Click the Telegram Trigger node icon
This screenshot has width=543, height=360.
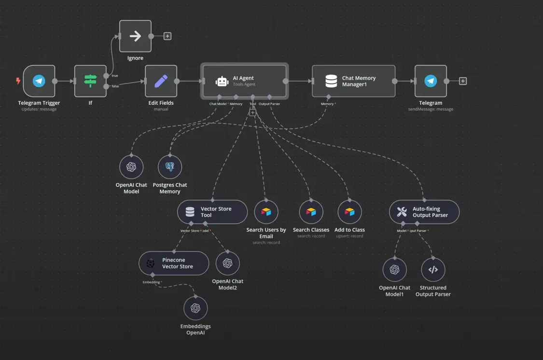pos(39,81)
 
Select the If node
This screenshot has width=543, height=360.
pos(90,81)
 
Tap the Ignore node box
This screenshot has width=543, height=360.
pos(135,36)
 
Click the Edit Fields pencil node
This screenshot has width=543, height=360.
pos(161,81)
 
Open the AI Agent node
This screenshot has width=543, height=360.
pos(245,81)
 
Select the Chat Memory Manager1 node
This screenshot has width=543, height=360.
pos(353,81)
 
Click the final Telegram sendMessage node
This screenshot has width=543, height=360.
pos(431,81)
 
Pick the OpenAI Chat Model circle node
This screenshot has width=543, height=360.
pos(131,167)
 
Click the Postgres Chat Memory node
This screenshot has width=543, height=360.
pos(170,167)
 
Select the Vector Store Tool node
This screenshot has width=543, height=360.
pos(212,212)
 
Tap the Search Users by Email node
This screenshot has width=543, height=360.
pos(266,212)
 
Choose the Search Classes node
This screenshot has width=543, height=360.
pos(311,212)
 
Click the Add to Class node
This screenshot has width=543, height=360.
pos(349,212)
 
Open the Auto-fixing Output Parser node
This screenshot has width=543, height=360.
pos(424,212)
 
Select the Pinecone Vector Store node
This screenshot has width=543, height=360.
pos(174,263)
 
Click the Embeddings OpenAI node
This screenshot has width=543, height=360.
pos(195,308)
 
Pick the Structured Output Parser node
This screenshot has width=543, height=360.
pos(433,270)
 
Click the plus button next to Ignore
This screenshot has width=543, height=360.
pos(167,36)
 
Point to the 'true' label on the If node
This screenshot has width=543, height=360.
pos(115,76)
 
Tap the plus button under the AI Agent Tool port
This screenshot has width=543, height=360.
pos(252,112)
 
